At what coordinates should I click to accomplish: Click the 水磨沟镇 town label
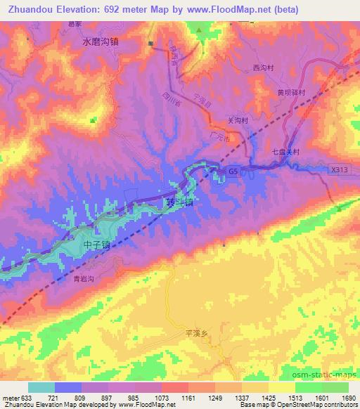[100, 41]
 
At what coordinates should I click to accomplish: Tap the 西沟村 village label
[262, 67]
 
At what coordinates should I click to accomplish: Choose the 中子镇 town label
[97, 245]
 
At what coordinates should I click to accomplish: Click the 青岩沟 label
[84, 279]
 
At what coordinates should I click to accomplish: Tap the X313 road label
[339, 169]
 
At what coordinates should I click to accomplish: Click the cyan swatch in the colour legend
[41, 387]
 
